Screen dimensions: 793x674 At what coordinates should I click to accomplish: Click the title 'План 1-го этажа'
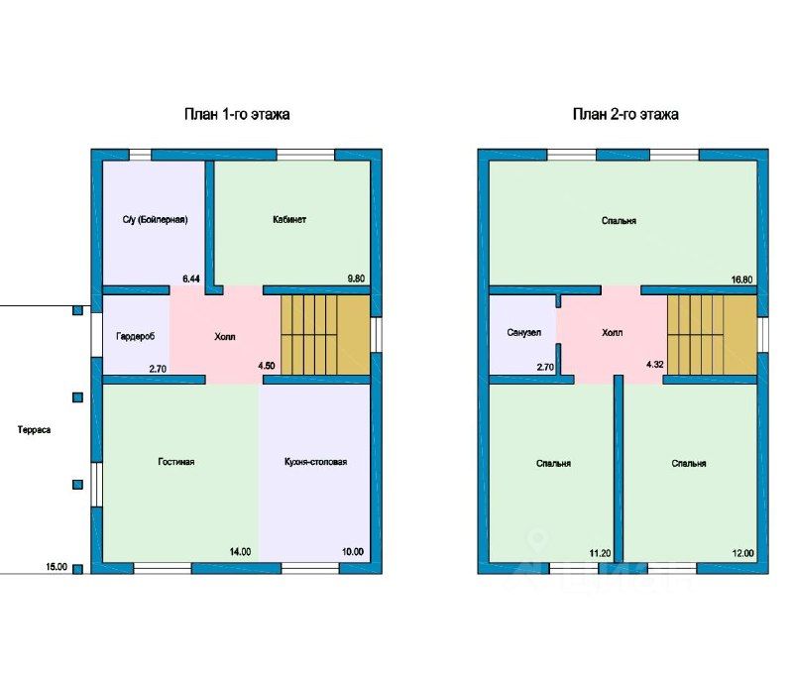pyautogui.click(x=237, y=114)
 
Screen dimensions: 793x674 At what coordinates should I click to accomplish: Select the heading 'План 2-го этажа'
pyautogui.click(x=625, y=114)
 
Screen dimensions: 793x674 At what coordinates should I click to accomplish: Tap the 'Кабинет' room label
pyautogui.click(x=289, y=219)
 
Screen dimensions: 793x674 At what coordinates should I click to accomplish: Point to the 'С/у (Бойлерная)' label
pyautogui.click(x=155, y=219)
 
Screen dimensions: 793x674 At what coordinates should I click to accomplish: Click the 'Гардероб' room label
pyautogui.click(x=136, y=336)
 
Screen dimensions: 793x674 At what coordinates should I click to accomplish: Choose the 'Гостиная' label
pyautogui.click(x=176, y=462)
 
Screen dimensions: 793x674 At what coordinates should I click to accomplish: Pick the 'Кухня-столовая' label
pyautogui.click(x=315, y=462)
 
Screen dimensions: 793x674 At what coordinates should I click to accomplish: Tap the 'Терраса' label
pyautogui.click(x=35, y=430)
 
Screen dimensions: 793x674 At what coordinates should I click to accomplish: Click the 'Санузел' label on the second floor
pyautogui.click(x=524, y=332)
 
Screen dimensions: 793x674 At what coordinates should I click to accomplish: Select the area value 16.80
pyautogui.click(x=741, y=280)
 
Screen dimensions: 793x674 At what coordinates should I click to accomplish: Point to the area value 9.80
pyautogui.click(x=356, y=279)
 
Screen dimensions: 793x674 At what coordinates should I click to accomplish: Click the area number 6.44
pyautogui.click(x=191, y=279)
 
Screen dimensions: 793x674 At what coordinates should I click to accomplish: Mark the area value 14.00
pyautogui.click(x=240, y=552)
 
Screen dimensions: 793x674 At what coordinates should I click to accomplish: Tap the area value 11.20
pyautogui.click(x=600, y=553)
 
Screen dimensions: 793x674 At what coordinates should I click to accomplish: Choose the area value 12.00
pyautogui.click(x=742, y=553)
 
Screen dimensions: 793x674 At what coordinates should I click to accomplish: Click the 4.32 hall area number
pyautogui.click(x=655, y=364)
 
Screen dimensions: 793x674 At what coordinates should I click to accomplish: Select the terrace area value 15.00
pyautogui.click(x=57, y=566)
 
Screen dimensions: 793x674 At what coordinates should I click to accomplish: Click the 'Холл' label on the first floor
pyautogui.click(x=225, y=336)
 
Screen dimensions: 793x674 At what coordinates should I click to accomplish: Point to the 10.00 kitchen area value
pyautogui.click(x=353, y=552)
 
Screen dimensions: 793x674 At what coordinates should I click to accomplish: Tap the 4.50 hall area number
pyautogui.click(x=267, y=366)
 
